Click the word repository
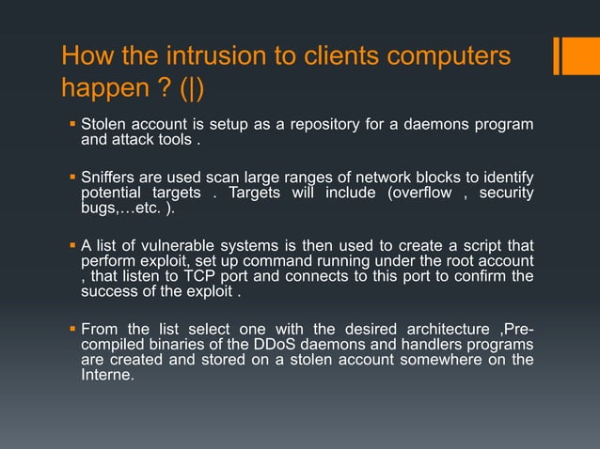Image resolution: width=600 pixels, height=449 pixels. click(x=306, y=125)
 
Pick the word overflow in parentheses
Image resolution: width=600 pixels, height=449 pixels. click(x=431, y=193)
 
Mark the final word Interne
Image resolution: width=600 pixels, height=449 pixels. click(x=107, y=375)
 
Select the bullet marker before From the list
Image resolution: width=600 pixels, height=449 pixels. click(x=71, y=328)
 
